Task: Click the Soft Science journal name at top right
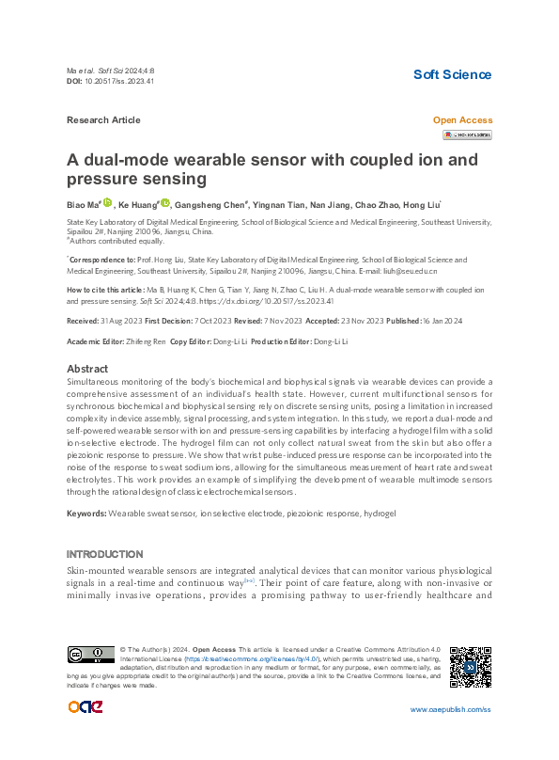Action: (x=452, y=74)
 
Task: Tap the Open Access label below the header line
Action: (x=461, y=120)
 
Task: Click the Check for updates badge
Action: (x=467, y=135)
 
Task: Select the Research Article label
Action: (x=103, y=120)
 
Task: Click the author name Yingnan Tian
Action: (x=279, y=204)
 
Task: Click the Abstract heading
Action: (x=88, y=369)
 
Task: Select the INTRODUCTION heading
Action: (x=105, y=554)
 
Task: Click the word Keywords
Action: (x=85, y=514)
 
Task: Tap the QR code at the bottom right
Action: (x=470, y=667)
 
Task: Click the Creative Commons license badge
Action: (x=90, y=655)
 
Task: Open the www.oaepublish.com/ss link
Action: (x=450, y=709)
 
